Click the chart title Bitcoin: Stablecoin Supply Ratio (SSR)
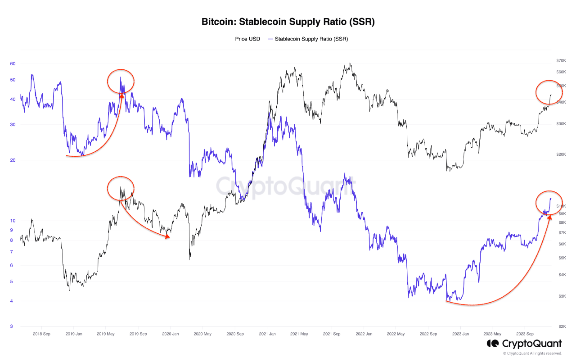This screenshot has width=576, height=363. click(288, 22)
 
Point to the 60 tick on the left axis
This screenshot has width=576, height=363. click(13, 64)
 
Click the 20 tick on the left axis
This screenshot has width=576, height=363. click(13, 160)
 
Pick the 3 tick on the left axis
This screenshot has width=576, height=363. click(12, 326)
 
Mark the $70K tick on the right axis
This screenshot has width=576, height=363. click(561, 60)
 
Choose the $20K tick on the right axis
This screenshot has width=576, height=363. click(561, 154)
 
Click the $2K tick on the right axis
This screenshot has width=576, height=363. click(562, 326)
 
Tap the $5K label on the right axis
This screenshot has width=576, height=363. click(562, 258)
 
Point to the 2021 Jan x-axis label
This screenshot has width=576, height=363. click(267, 334)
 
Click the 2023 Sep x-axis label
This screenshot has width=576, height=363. click(524, 334)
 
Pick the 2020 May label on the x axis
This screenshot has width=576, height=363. click(202, 334)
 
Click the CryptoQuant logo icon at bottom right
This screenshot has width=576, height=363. click(492, 344)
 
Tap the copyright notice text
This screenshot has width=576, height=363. click(532, 354)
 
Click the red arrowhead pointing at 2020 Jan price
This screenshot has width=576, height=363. click(168, 236)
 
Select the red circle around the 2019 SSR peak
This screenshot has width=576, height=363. click(121, 82)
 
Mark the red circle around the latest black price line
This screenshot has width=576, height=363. click(549, 92)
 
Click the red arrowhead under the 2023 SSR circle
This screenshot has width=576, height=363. click(550, 218)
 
